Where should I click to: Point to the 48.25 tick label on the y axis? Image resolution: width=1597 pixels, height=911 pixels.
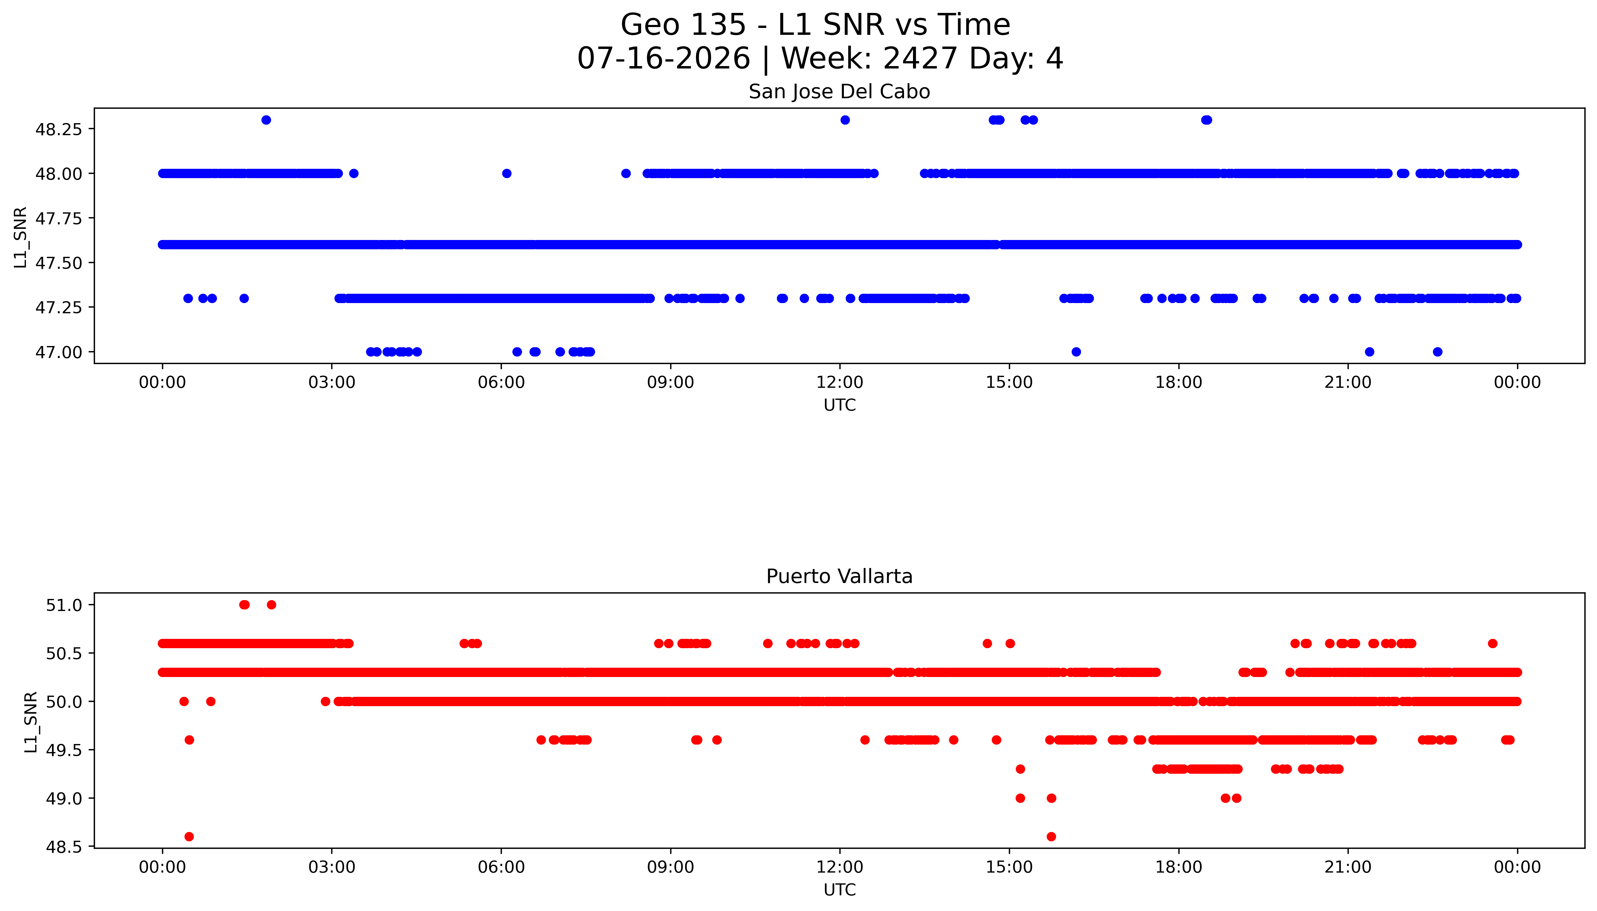point(58,129)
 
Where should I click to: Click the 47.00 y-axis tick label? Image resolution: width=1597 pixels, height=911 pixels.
point(58,352)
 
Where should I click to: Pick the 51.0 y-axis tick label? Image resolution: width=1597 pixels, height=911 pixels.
point(64,605)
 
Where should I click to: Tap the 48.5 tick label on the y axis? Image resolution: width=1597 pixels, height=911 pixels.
point(64,846)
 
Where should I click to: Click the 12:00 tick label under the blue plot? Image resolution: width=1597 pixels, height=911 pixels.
point(839,382)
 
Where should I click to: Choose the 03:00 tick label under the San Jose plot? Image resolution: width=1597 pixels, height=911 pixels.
point(332,382)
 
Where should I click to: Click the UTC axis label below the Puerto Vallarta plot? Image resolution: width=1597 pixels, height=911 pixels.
point(839,889)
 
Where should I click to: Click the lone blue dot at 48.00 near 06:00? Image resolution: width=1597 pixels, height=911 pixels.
point(507,173)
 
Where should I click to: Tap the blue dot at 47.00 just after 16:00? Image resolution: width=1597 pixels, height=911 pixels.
point(1076,352)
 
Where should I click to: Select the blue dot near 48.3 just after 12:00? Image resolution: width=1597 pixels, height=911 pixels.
point(845,120)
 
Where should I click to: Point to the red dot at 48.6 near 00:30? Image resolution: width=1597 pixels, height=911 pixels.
point(189,837)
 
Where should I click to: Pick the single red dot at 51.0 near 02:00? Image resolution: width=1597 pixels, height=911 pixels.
point(271,604)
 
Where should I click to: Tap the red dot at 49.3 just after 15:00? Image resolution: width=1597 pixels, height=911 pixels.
point(1020,769)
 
